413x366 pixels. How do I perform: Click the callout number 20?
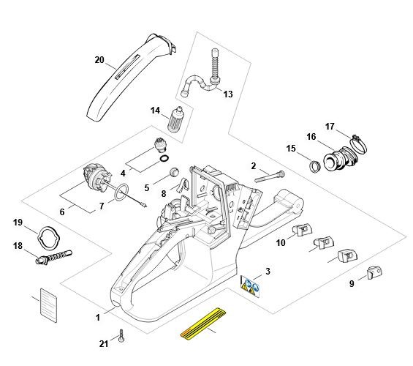tap(99, 60)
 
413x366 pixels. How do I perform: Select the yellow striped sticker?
tap(203, 324)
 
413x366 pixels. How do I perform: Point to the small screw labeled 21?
tap(121, 336)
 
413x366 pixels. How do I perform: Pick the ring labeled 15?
tap(314, 166)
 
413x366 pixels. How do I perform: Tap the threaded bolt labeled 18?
tap(53, 258)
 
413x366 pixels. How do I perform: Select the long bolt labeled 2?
tap(270, 176)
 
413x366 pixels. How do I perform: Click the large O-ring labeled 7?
tap(121, 193)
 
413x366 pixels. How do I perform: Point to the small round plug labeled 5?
tap(174, 172)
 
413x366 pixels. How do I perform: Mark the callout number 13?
tap(228, 94)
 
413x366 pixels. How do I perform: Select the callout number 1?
tap(98, 318)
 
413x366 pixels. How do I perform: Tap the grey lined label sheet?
tap(48, 305)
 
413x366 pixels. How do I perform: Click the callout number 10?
tap(281, 242)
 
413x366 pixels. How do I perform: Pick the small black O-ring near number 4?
tap(164, 159)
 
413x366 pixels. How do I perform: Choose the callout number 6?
tap(62, 212)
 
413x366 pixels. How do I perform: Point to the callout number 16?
tap(311, 137)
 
